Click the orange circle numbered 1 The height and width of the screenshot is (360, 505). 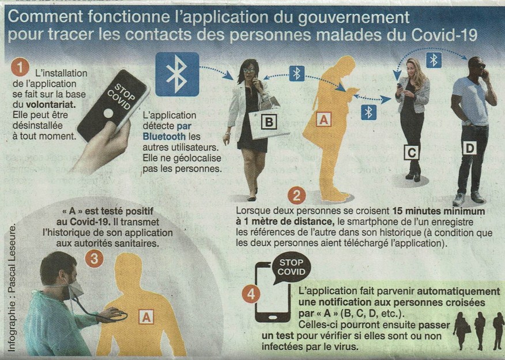(x=20, y=67)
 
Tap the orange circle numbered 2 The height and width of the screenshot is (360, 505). (x=297, y=196)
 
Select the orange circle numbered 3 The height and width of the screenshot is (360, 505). (x=95, y=259)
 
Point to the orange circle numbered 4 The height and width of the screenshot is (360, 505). (x=251, y=294)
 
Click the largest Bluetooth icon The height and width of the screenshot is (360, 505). (x=177, y=74)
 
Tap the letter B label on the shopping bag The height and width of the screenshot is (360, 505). (x=269, y=122)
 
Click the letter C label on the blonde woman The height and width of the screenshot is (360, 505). (x=412, y=152)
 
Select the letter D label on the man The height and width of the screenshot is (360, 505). (x=470, y=148)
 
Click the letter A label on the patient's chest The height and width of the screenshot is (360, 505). (x=146, y=317)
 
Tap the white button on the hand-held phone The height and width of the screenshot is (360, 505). (x=108, y=114)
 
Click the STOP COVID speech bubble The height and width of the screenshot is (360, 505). (x=291, y=268)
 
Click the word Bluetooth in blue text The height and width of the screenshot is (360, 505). (x=164, y=136)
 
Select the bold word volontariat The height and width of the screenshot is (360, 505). (x=51, y=104)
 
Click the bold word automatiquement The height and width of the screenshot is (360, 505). (x=458, y=291)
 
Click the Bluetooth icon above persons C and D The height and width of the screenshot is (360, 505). (x=434, y=60)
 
